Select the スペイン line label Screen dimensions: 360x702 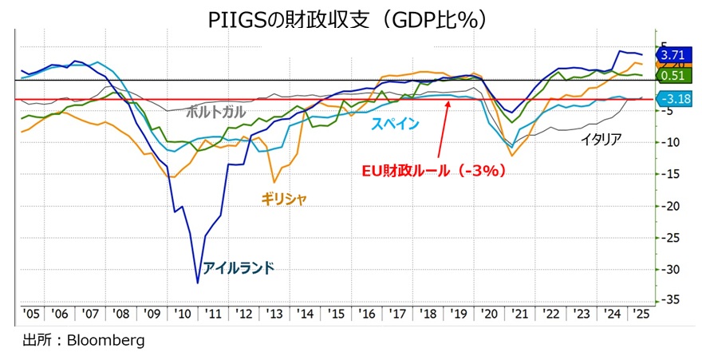(396, 124)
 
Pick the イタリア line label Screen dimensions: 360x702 (601, 139)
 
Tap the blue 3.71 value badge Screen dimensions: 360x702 (672, 55)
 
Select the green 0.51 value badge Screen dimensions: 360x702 (672, 76)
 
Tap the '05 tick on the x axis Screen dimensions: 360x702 (32, 315)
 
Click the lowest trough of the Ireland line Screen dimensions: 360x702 (198, 283)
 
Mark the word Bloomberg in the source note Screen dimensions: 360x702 (108, 341)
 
